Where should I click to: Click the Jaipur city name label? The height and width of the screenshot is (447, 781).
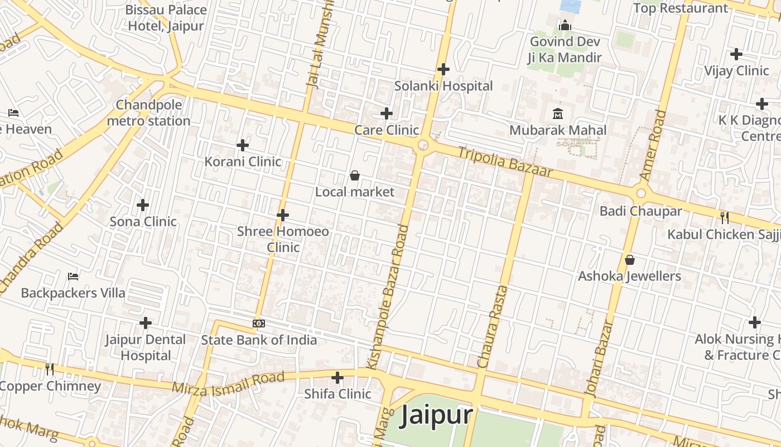click(x=437, y=416)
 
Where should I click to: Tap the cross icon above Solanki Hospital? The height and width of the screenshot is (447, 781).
click(x=443, y=69)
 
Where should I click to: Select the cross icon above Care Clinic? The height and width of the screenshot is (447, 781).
click(x=386, y=113)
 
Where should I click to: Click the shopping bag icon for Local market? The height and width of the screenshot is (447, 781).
click(x=354, y=176)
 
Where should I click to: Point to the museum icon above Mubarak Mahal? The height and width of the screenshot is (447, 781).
click(x=557, y=114)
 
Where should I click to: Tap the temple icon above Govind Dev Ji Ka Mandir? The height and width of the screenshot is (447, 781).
click(x=565, y=26)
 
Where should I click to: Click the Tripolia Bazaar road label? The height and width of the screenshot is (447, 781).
click(x=505, y=163)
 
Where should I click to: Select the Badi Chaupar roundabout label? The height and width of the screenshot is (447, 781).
click(x=640, y=211)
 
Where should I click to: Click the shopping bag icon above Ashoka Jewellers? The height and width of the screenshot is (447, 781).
click(x=630, y=260)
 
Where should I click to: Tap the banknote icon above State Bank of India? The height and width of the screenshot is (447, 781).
click(x=259, y=324)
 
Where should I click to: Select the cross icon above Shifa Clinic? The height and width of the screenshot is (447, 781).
click(x=338, y=378)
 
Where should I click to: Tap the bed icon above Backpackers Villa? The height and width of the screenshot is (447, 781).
click(x=73, y=276)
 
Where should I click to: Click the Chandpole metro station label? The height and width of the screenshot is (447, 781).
click(x=148, y=113)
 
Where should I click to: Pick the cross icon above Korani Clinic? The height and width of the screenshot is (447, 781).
click(x=242, y=145)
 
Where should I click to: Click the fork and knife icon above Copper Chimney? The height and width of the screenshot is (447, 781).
click(x=50, y=368)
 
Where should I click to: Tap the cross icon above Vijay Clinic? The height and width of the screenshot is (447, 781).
click(x=736, y=54)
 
